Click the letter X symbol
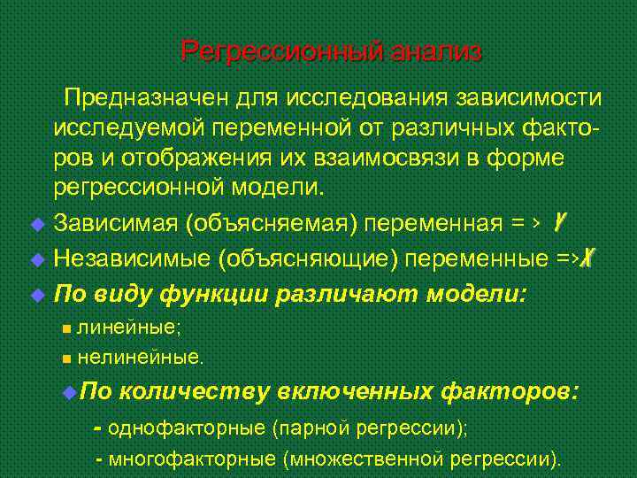click(590, 258)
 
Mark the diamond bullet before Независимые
click(36, 259)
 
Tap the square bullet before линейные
click(67, 328)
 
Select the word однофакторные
click(188, 428)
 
